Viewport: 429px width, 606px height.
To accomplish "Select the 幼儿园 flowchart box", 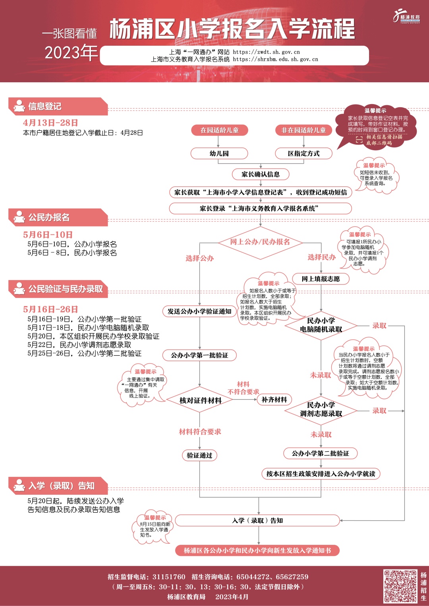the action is [x=219, y=153].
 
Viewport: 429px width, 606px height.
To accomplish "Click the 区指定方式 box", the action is [x=303, y=153].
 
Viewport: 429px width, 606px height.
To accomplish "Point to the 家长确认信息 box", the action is [x=261, y=174].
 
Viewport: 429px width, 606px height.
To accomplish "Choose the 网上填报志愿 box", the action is [x=321, y=279].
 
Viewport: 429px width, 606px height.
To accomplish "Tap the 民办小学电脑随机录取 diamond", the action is [x=321, y=325].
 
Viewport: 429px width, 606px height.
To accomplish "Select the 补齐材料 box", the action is [x=274, y=400].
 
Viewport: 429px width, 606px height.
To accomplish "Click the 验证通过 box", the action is [x=200, y=455].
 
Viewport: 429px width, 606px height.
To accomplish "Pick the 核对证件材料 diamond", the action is [x=200, y=400].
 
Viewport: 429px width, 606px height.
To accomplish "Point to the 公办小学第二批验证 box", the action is [x=321, y=453].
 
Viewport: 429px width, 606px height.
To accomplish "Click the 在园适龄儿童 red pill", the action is [x=219, y=130].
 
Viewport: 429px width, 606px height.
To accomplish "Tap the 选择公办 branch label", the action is [x=200, y=258].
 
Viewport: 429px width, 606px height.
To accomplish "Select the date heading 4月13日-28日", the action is [x=50, y=122].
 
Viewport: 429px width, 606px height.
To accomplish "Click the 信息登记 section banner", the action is [x=58, y=106].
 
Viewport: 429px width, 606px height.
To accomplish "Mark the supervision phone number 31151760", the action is [x=169, y=577].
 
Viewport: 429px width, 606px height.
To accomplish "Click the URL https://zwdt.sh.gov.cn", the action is [x=266, y=52].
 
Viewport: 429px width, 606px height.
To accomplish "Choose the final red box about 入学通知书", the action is [x=257, y=550].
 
